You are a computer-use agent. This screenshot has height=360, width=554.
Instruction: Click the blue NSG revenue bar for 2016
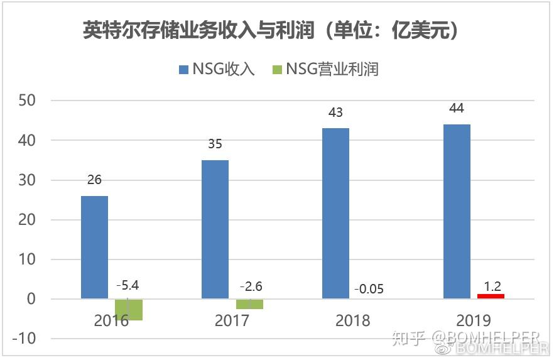pos(94,248)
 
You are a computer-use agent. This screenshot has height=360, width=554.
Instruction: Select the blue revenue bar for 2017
pos(215,230)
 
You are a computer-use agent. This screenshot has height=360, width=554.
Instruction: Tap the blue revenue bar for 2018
pos(335,214)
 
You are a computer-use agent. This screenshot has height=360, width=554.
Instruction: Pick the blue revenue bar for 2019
pos(457,212)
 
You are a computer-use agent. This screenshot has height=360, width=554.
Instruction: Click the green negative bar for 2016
pos(129,310)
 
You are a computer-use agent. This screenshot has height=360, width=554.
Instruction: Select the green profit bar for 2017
pos(249,304)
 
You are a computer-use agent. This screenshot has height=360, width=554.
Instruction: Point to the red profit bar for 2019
pos(491,297)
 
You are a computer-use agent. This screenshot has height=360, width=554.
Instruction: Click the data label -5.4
pos(128,285)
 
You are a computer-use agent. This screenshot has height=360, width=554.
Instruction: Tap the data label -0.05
pos(369,289)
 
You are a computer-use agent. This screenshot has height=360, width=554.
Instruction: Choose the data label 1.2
pos(492,286)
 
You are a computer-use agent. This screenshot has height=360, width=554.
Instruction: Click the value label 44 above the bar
pos(457,108)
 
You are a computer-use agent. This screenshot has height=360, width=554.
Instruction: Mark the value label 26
pos(94,180)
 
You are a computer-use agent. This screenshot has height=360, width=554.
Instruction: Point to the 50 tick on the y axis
pos(27,101)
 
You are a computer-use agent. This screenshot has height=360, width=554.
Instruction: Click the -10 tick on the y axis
pos(24,339)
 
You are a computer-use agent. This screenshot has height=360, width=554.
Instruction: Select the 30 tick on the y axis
pos(27,180)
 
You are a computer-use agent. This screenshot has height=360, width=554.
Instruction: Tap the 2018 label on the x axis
pos(352,320)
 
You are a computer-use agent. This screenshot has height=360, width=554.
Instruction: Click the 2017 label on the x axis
pos(232,320)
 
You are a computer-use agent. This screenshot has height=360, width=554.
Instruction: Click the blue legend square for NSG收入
pos(183,70)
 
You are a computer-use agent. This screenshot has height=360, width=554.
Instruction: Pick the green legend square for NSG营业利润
pos(278,70)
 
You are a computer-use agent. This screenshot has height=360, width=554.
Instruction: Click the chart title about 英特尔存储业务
pos(271,30)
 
